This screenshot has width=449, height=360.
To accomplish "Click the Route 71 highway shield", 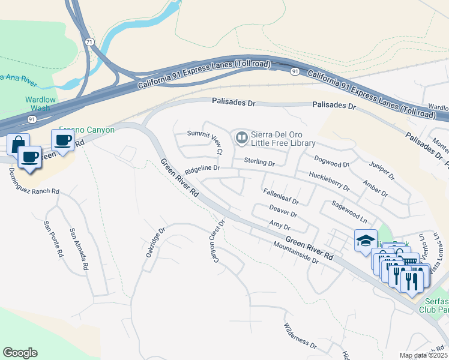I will click(89, 42).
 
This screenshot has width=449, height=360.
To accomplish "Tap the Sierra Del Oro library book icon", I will click(241, 139).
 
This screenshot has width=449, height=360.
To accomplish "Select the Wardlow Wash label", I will click(40, 104).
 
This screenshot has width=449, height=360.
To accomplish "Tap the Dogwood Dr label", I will click(332, 164).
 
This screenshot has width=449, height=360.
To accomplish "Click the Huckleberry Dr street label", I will click(328, 182).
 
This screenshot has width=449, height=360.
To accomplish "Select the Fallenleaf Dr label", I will click(281, 197).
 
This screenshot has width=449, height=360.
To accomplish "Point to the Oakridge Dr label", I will click(155, 242).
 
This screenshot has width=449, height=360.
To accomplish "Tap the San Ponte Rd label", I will click(53, 239).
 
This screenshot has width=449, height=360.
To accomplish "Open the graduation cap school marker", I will click(366, 241).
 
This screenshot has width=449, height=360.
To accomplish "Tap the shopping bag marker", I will click(17, 144).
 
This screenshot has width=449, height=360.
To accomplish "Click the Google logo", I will click(20, 352).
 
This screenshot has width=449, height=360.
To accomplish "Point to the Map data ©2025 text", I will click(423, 355).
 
